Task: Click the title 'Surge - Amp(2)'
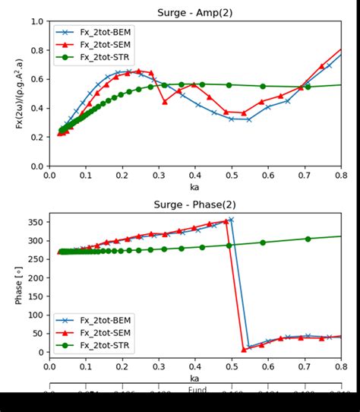coord(194,13)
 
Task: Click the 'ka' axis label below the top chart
coord(194,186)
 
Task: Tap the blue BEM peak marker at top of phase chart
coord(231,220)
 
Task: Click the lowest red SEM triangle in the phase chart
coord(244,350)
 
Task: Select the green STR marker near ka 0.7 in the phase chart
coord(308,239)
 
